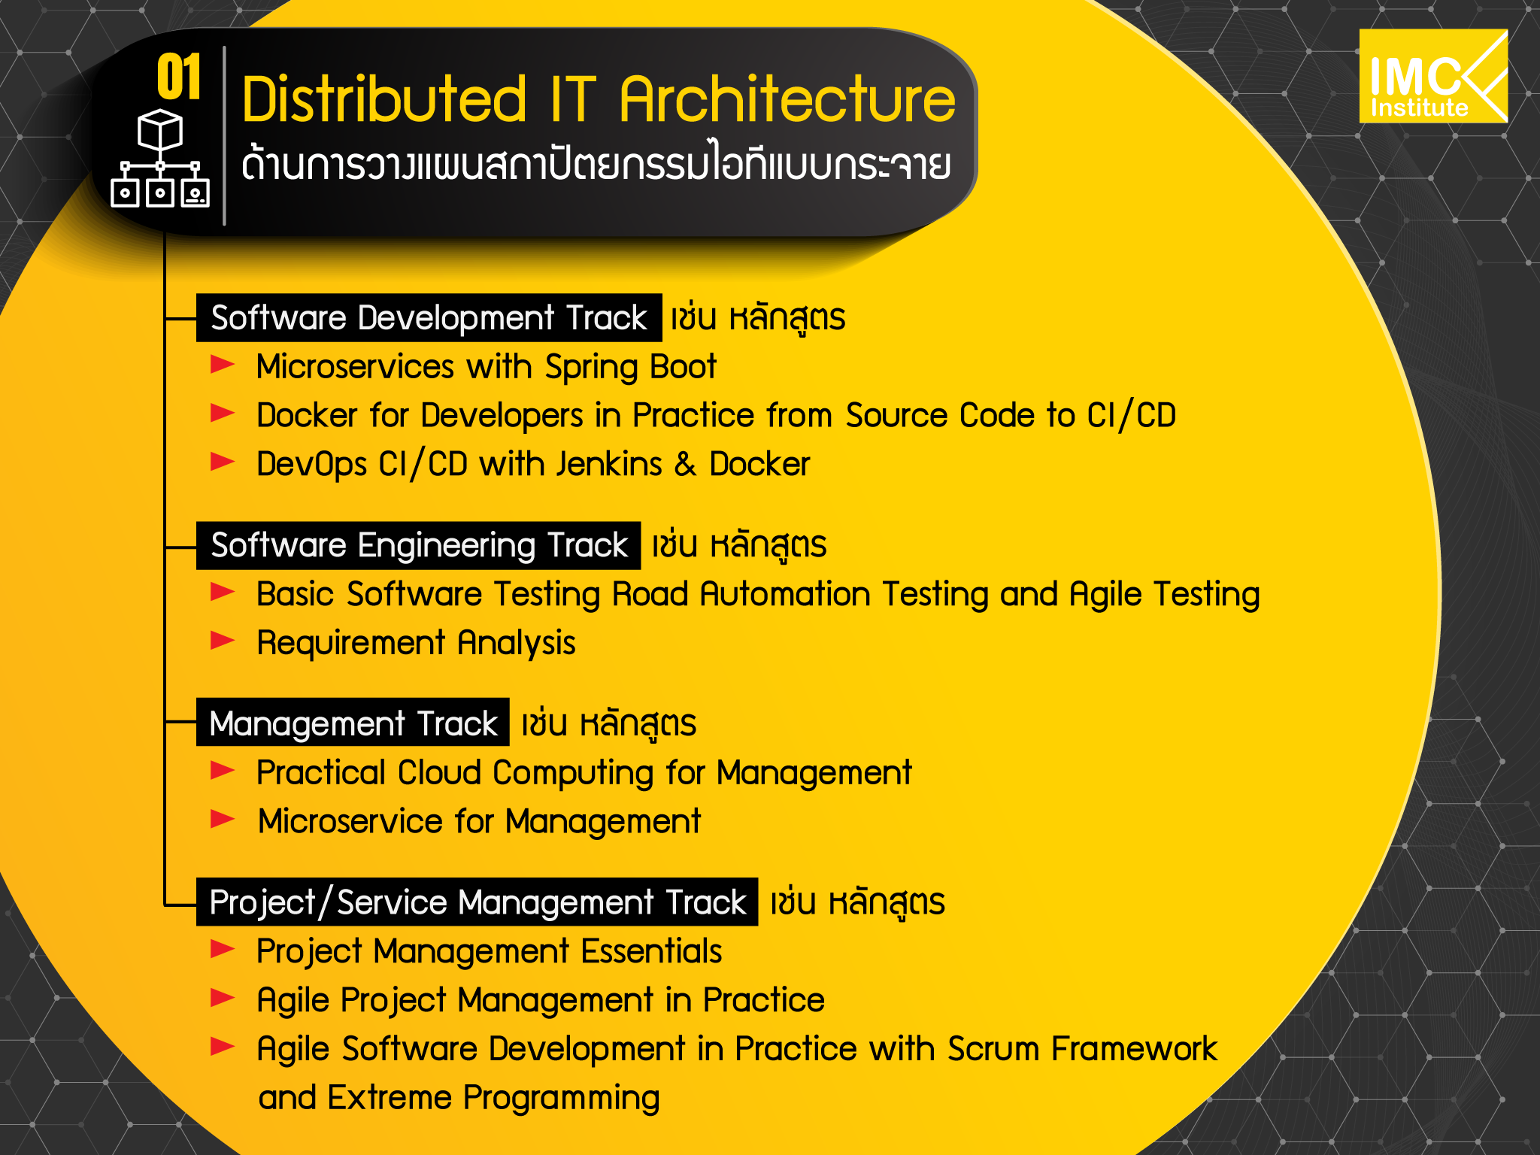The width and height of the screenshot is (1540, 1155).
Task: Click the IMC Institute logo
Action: coord(1433,76)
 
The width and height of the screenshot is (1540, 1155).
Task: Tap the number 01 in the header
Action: coord(179,77)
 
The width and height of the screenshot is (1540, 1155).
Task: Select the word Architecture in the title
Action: coord(787,99)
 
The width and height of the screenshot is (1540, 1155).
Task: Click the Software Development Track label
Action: coord(429,317)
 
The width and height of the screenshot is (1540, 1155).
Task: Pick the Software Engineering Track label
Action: coord(418,545)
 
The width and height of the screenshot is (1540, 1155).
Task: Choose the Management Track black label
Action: coord(353,723)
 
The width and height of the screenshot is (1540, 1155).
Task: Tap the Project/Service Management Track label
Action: coord(477,902)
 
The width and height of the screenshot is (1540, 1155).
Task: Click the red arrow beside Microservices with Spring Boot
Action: coord(223,365)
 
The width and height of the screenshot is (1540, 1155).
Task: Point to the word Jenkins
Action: coord(609,464)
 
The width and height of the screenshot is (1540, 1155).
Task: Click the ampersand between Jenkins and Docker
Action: coord(685,465)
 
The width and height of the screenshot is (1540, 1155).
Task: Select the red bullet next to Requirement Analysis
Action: coord(223,641)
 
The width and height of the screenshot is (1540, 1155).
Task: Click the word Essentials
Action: coord(651,950)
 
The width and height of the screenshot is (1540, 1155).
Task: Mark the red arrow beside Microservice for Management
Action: coord(223,819)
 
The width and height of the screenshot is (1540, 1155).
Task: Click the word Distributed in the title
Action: coord(384,99)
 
